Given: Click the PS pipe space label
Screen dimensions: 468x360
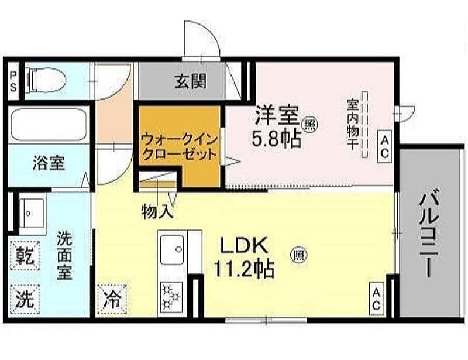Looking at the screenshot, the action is click(13, 81).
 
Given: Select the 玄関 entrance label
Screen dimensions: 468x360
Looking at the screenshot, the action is click(190, 81).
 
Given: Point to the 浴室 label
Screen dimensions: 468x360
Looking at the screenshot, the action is click(49, 163).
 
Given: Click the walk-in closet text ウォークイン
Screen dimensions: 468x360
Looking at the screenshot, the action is click(179, 140).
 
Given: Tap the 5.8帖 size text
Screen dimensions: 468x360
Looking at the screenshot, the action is click(276, 139).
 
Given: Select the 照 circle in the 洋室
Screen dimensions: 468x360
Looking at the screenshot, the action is click(310, 125).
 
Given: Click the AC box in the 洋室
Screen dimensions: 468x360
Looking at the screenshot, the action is click(384, 147).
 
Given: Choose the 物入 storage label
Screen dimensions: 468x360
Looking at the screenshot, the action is click(157, 211).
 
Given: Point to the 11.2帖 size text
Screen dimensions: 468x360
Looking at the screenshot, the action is click(243, 269).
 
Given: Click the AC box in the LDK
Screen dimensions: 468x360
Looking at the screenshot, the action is click(376, 299).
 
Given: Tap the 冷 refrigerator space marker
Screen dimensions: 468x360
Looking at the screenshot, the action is click(112, 300).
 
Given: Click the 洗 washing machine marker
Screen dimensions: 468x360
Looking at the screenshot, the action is click(25, 300).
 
